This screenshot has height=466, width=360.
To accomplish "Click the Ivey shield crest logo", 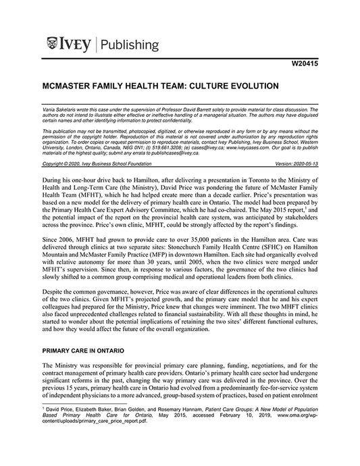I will point(52,45).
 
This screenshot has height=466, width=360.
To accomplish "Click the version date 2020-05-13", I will point(302,163).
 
